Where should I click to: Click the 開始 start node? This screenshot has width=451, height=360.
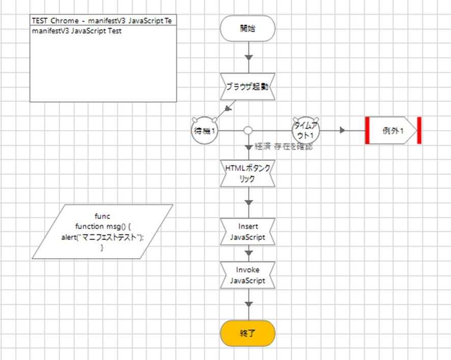click(248, 28)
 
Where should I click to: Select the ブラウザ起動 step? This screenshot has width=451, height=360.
click(248, 86)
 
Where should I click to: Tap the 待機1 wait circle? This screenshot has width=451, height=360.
click(204, 131)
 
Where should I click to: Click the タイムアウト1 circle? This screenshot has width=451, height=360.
click(305, 131)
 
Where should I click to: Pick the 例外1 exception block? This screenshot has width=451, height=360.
click(393, 131)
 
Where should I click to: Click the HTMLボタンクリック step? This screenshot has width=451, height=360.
click(248, 174)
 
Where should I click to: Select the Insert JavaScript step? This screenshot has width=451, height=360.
click(248, 232)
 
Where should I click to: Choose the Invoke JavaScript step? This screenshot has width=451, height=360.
click(248, 275)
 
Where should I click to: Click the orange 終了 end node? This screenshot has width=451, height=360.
click(248, 334)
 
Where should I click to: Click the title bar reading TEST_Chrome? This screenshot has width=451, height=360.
click(104, 21)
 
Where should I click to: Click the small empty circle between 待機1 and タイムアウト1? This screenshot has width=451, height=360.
click(248, 131)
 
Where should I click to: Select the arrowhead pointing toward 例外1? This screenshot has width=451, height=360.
click(343, 131)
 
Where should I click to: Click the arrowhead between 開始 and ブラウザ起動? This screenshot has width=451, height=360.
click(248, 57)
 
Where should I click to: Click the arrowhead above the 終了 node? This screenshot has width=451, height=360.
click(248, 304)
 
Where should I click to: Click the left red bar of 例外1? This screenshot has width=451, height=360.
click(368, 131)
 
